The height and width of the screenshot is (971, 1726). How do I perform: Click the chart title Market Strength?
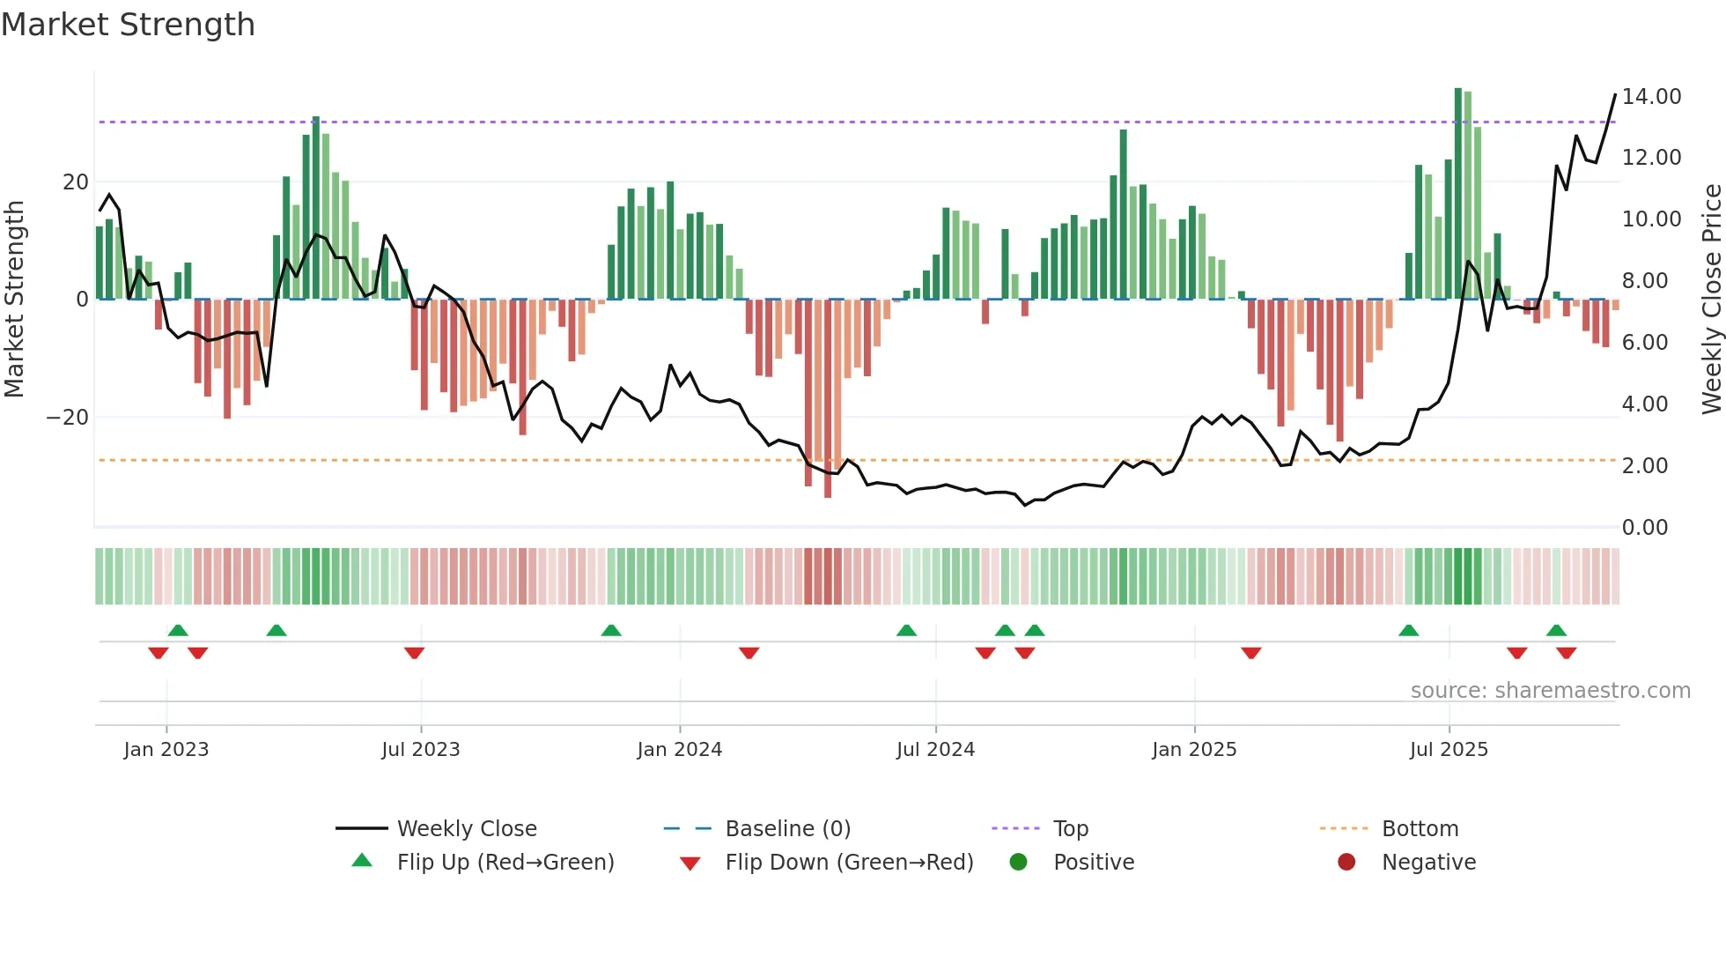[x=128, y=25]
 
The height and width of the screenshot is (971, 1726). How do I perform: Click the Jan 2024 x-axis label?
[x=679, y=750]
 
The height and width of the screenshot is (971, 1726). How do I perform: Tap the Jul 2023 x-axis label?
[x=420, y=750]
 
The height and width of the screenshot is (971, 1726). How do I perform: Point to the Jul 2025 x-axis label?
[x=1448, y=750]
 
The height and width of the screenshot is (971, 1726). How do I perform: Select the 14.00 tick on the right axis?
[x=1651, y=97]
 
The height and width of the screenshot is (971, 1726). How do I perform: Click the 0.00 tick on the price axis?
[x=1644, y=528]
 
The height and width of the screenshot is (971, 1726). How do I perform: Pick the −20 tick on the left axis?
[x=68, y=418]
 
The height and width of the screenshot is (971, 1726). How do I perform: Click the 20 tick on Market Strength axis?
[x=76, y=182]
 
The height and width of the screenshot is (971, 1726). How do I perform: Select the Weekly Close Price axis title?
[x=1711, y=300]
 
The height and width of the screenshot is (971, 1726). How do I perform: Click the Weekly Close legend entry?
[x=466, y=829]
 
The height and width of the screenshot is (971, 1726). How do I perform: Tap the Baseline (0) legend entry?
[x=787, y=829]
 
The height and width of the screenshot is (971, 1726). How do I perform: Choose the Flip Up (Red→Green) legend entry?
[x=505, y=863]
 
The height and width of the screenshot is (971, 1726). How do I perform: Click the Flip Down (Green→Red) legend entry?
[x=849, y=863]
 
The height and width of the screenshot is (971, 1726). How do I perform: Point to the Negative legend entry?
[x=1427, y=863]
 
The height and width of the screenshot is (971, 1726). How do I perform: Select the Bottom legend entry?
[x=1420, y=829]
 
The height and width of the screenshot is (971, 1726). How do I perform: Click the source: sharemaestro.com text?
[x=1550, y=691]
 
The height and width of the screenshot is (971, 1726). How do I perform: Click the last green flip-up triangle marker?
[x=1556, y=630]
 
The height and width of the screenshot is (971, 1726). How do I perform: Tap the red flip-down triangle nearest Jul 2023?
[x=414, y=653]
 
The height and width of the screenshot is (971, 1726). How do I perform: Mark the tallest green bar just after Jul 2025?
[x=1457, y=194]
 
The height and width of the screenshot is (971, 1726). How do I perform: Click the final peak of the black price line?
[x=1615, y=94]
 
